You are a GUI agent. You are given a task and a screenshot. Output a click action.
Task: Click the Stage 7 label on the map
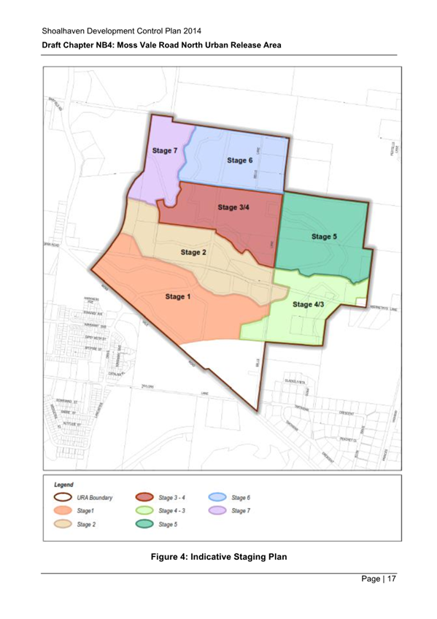pyautogui.click(x=164, y=151)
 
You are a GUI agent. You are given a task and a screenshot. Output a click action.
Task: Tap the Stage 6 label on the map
pyautogui.click(x=239, y=161)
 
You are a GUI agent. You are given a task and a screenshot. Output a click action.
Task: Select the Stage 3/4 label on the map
pyautogui.click(x=233, y=207)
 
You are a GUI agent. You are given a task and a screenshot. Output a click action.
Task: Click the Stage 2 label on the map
pyautogui.click(x=193, y=253)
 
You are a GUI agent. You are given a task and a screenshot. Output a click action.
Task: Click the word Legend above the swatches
pyautogui.click(x=65, y=484)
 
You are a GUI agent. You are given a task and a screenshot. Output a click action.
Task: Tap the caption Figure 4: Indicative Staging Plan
pyautogui.click(x=219, y=558)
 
